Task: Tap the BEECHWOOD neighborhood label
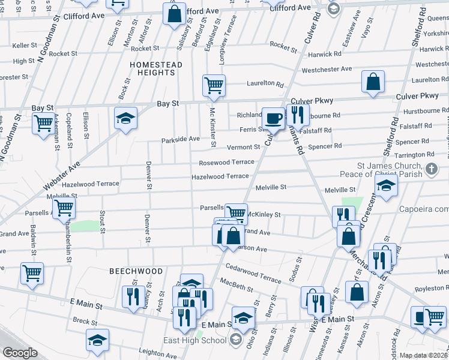[136, 271]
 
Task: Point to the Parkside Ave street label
[180, 139]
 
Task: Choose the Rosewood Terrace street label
[227, 163]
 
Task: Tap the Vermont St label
[243, 147]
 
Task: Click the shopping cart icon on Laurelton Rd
[214, 85]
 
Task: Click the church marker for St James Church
[431, 170]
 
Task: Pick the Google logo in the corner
[20, 353]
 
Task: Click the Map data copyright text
[423, 355]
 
